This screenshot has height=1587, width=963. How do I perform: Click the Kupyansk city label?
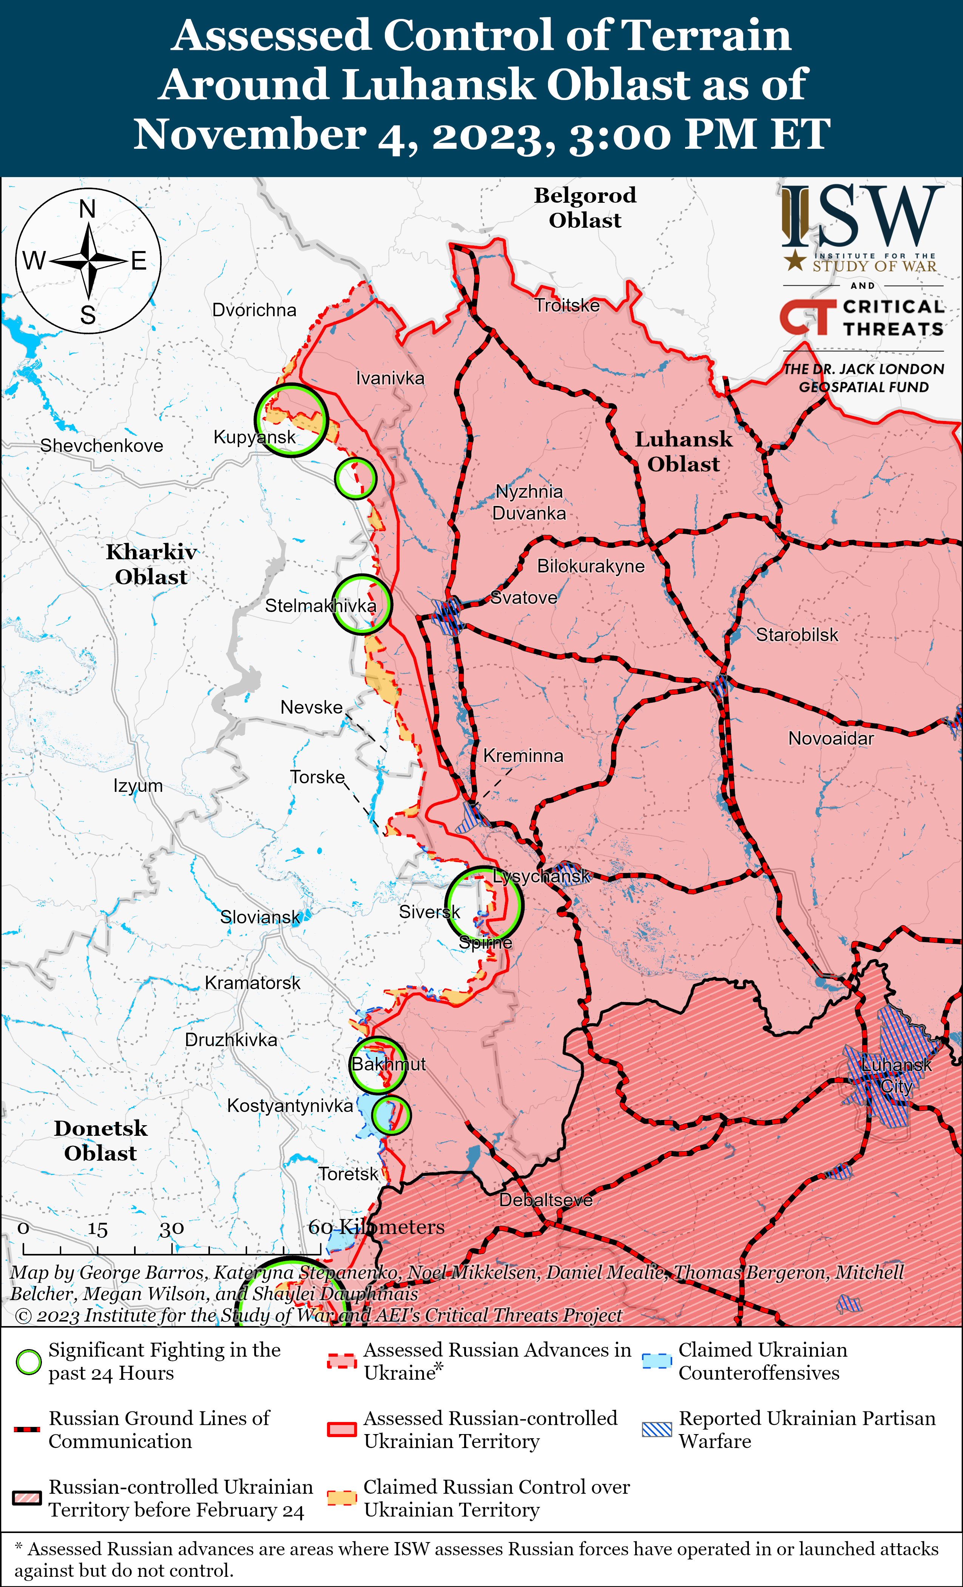click(x=255, y=437)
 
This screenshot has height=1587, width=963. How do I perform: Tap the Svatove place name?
click(x=524, y=598)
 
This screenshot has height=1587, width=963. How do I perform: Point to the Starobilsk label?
click(x=797, y=635)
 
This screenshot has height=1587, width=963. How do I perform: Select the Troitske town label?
click(x=567, y=305)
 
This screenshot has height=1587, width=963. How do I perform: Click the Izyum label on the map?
click(x=138, y=786)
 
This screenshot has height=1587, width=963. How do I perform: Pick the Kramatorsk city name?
click(x=253, y=983)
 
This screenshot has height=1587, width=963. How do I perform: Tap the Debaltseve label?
click(x=546, y=1200)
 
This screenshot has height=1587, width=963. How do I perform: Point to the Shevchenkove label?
click(x=102, y=446)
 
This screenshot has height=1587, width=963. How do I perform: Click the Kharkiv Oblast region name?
click(x=151, y=564)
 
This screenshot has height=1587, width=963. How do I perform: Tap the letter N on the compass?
click(x=88, y=209)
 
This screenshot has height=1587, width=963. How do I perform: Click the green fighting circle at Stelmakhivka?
click(x=362, y=604)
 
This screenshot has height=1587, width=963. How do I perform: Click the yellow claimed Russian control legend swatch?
click(x=341, y=1498)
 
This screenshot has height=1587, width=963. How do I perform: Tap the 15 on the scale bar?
click(x=97, y=1229)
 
